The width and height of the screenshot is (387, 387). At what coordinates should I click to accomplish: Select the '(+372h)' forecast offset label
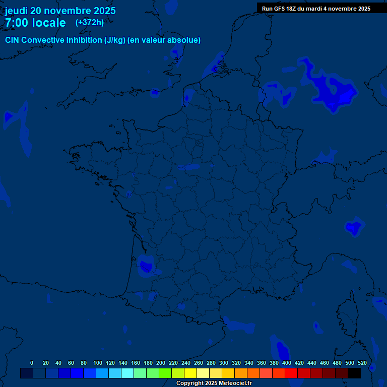coord(89,22)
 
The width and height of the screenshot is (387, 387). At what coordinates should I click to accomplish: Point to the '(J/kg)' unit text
coord(115,40)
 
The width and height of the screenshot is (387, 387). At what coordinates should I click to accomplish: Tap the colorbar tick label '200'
coord(161,363)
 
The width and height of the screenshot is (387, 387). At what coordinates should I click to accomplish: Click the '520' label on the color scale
coord(362,363)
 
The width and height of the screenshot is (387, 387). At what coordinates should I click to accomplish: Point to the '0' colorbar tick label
coord(32,363)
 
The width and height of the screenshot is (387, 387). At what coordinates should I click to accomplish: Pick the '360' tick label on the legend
coord(262,363)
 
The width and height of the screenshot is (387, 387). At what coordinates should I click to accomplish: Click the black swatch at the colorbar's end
coord(354,373)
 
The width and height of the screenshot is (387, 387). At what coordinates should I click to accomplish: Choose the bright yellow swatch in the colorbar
coord(190,373)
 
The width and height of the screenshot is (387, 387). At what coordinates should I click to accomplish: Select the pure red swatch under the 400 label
coord(291,373)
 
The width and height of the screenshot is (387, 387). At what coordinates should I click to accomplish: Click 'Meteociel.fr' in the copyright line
coord(235,383)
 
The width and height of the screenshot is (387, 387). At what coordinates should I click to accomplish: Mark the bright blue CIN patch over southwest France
coord(147,266)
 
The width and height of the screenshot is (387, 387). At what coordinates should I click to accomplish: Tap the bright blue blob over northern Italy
coord(355,228)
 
